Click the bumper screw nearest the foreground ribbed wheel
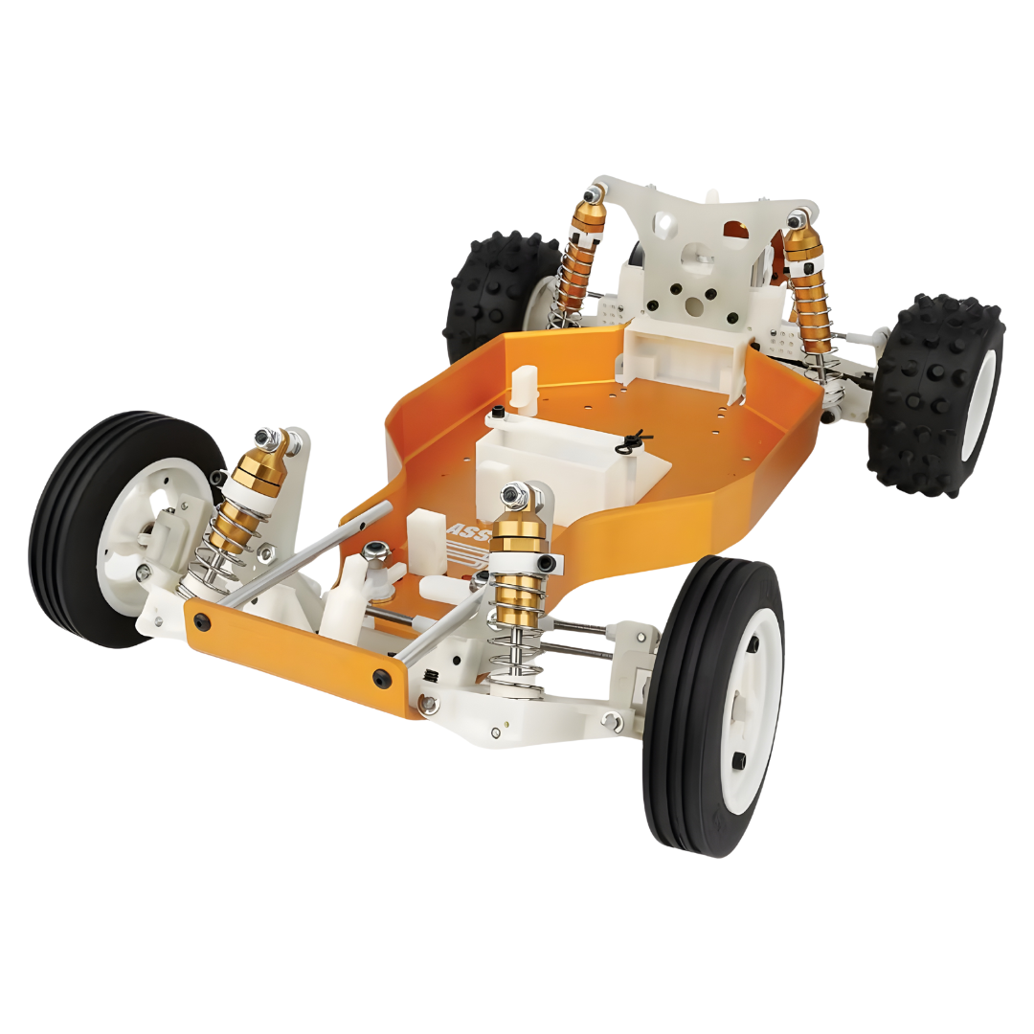(x=383, y=678)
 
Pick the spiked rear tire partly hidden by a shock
(x=498, y=287)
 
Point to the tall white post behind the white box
(x=528, y=388)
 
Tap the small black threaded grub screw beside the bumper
(x=433, y=677)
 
